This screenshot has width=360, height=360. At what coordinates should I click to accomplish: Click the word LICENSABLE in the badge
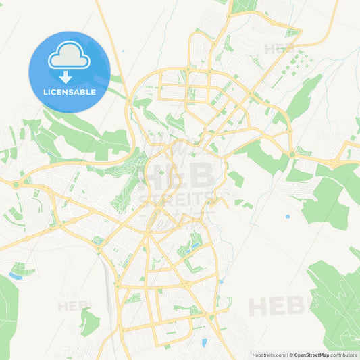pos(70,91)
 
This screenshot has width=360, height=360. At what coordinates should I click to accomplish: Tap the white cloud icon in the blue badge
pos(69,57)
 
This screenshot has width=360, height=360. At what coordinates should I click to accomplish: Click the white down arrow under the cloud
pos(66,76)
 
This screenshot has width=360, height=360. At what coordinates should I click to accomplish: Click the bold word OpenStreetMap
pos(311,355)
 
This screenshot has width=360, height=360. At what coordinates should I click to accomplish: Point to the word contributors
pos(344,355)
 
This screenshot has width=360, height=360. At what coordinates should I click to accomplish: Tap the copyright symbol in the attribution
pos(291,355)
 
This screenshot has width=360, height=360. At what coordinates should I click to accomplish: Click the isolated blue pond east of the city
pos(287,217)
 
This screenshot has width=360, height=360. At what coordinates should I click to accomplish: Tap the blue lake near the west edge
pos(15,276)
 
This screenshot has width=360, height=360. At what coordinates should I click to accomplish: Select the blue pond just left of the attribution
pos(204,342)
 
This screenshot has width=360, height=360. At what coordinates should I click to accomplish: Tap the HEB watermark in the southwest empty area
pos(72,306)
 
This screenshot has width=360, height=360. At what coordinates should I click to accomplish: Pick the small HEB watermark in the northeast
pos(279,49)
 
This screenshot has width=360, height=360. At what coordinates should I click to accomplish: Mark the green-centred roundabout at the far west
pos(16,183)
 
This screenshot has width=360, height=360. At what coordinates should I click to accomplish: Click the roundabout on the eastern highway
pos(292,155)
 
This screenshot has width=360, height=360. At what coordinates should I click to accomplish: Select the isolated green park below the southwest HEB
pos(89,322)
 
